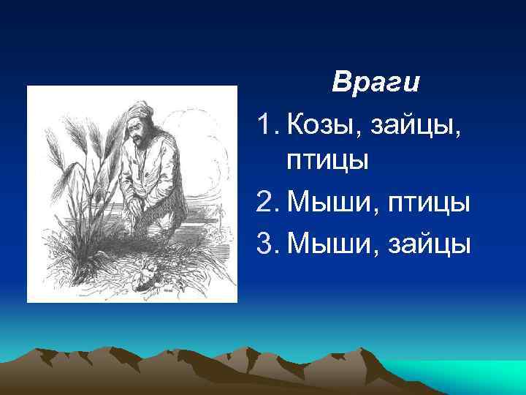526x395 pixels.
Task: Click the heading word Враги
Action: (376, 83)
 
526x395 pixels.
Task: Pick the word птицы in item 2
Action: (424, 201)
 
